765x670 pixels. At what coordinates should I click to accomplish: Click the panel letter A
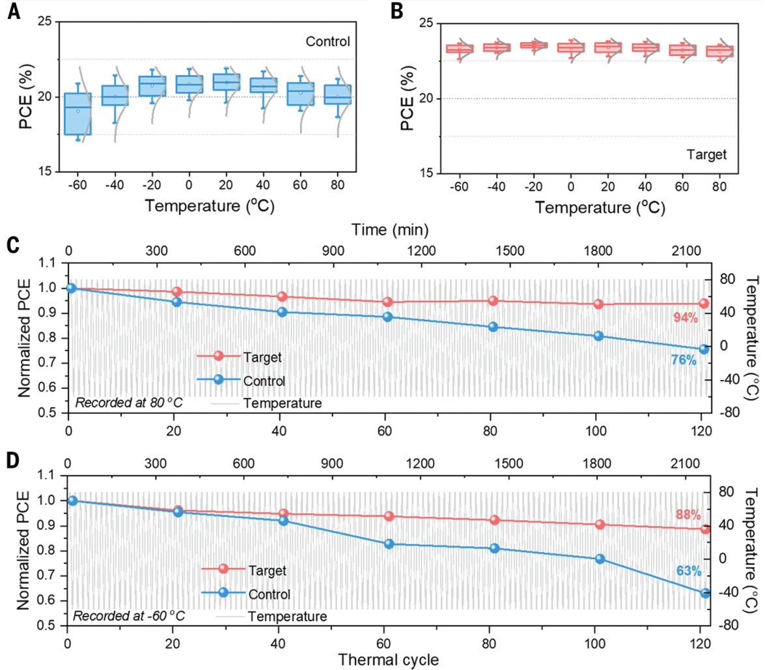(x=12, y=11)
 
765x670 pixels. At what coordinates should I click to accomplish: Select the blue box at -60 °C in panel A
(x=77, y=114)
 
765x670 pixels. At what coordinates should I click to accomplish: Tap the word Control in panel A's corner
(x=328, y=42)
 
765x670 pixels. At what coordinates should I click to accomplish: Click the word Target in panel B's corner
(x=706, y=155)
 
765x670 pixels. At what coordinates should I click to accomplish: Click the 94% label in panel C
(x=686, y=317)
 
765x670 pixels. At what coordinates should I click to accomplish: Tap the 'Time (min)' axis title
(x=391, y=229)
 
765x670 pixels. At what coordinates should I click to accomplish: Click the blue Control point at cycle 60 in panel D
(x=389, y=544)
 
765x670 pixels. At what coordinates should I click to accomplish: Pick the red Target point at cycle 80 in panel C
(x=493, y=300)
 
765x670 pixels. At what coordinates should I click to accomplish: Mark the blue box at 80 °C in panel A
(x=338, y=95)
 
